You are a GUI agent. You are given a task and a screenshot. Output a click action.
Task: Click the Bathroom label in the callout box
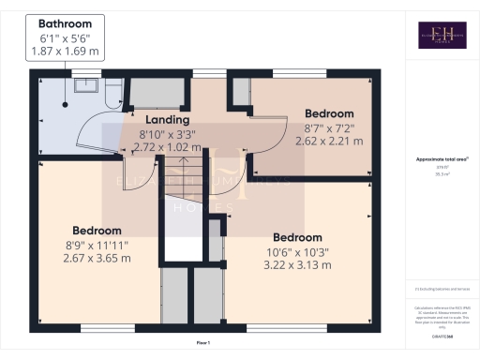pos(66,23)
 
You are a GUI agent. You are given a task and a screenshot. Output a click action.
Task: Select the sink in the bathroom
pos(88,87)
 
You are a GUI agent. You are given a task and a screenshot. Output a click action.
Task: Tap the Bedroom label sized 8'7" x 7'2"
pos(329,113)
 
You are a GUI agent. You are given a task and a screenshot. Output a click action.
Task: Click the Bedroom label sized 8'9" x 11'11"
pos(97,231)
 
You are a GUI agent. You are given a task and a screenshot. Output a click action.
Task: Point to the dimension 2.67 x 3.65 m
pos(97,259)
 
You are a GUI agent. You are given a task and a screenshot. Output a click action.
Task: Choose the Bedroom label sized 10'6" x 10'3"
pos(297,237)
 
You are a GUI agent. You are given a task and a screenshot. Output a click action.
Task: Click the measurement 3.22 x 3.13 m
pos(297,265)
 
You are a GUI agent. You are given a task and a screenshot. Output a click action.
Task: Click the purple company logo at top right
pos(442,35)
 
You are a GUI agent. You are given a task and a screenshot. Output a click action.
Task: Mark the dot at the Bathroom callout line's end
pos(66,93)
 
